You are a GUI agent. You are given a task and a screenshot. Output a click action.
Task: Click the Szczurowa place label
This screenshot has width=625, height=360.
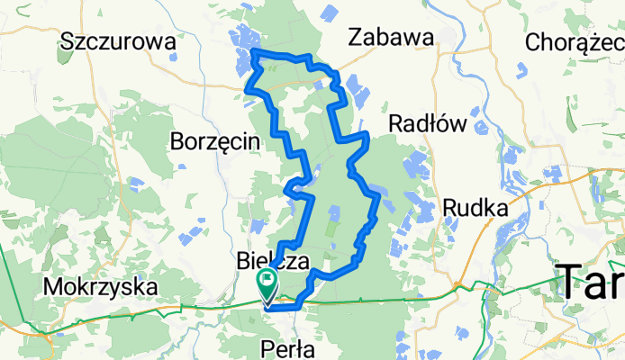point(116,40)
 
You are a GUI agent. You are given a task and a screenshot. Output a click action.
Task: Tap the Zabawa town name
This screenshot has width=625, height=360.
point(391,36)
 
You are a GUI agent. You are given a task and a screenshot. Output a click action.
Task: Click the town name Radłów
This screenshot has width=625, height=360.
point(426,122)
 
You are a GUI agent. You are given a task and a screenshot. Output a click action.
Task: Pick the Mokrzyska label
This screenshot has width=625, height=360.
point(100,287)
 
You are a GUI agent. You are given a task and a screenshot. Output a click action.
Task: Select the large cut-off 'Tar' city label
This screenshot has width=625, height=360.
point(590,283)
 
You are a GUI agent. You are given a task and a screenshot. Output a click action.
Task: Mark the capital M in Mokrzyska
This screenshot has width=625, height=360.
point(51,287)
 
